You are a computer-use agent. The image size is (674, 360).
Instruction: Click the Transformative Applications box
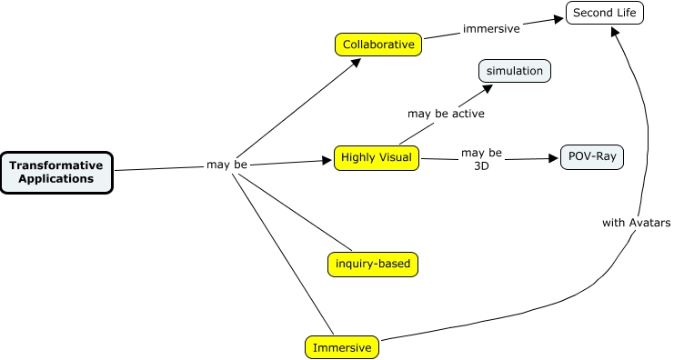(x=56, y=172)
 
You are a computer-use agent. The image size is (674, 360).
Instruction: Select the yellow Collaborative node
(x=378, y=44)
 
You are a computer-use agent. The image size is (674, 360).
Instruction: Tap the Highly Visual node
(x=377, y=158)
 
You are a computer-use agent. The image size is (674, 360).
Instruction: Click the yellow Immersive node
(x=342, y=347)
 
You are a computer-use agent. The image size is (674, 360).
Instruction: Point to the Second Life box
(x=604, y=13)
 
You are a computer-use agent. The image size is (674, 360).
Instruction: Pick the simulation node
(x=514, y=71)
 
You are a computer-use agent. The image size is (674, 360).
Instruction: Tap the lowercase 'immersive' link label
(x=491, y=29)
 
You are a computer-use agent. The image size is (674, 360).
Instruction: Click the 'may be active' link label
(x=446, y=114)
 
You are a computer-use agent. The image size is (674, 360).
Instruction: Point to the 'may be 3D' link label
(x=481, y=160)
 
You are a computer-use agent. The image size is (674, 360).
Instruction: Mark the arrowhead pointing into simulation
(x=489, y=88)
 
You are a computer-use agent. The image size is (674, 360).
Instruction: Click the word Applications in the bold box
(x=57, y=179)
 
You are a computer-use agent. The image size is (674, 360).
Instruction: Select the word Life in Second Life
(x=627, y=13)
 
